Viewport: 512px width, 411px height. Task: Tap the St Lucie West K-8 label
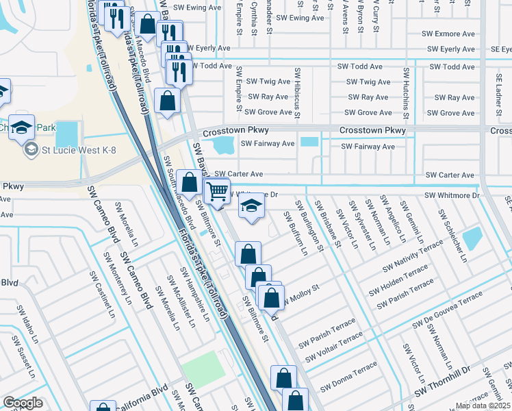[x=68, y=150]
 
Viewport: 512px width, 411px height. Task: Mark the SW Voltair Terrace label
[x=334, y=348]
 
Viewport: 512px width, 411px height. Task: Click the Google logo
[x=23, y=403]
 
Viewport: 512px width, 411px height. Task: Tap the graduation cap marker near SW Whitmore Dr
[x=252, y=206]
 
